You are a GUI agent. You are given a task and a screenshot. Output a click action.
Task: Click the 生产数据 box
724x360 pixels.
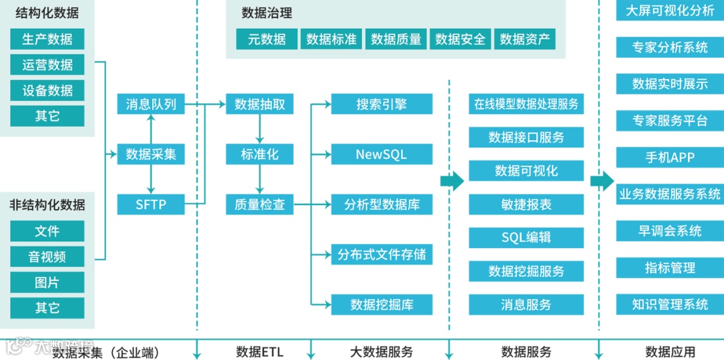click(47, 39)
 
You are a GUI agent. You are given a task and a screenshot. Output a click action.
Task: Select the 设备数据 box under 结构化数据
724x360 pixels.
click(47, 91)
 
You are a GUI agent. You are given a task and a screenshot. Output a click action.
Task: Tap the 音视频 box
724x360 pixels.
click(47, 257)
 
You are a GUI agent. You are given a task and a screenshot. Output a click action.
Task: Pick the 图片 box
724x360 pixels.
click(47, 282)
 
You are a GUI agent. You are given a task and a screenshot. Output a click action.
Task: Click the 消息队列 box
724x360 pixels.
click(151, 104)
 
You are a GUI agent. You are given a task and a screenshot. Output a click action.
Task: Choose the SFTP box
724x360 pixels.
click(151, 204)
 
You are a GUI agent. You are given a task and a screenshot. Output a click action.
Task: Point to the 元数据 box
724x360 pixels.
click(266, 40)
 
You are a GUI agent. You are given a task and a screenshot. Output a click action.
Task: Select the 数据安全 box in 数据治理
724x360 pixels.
click(460, 40)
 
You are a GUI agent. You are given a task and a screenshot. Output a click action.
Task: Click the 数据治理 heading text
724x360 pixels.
click(267, 13)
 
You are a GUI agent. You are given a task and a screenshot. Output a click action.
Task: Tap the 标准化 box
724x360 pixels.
click(259, 154)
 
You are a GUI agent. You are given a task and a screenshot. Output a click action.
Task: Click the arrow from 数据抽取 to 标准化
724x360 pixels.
click(259, 129)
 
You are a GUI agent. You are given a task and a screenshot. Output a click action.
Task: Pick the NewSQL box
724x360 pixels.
click(381, 154)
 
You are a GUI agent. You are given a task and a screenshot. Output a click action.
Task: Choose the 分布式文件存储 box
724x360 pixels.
click(381, 255)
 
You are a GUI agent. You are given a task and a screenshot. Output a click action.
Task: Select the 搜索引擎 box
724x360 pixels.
click(381, 104)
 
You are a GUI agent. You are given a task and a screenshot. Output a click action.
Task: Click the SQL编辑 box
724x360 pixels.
click(526, 237)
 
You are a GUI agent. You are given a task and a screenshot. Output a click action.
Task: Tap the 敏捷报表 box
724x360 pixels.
click(526, 204)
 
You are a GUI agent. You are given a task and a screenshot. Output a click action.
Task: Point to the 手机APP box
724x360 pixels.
click(670, 158)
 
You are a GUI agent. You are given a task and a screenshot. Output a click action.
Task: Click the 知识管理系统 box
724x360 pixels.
click(670, 304)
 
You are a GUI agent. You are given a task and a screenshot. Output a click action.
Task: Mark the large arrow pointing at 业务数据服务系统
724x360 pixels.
click(602, 181)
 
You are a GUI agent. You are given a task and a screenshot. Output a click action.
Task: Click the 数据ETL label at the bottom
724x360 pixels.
click(259, 351)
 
